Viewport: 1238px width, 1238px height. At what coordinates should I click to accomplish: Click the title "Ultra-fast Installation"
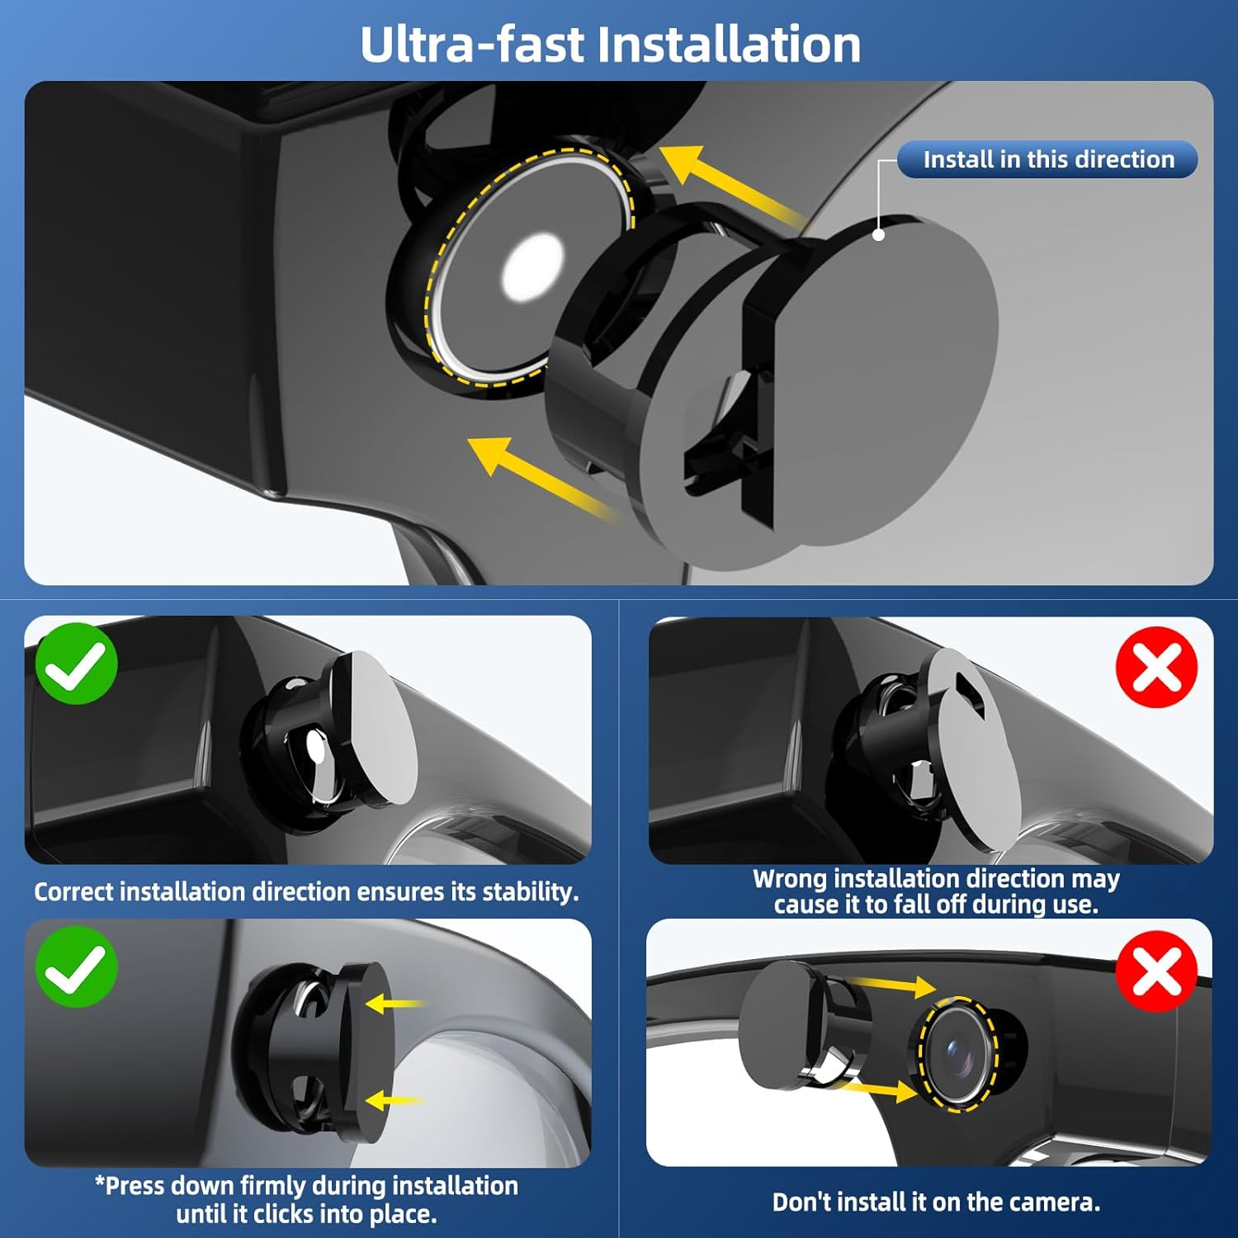611,44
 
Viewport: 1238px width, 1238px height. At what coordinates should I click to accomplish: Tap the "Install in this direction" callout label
1047,159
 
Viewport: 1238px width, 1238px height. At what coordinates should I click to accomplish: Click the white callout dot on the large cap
879,234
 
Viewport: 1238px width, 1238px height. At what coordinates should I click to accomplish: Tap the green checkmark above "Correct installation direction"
76,664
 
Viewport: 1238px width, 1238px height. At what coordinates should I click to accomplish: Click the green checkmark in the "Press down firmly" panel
76,966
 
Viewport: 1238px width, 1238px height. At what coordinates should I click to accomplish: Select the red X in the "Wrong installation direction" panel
1156,667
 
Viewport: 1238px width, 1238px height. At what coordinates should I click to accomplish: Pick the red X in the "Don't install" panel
1156,971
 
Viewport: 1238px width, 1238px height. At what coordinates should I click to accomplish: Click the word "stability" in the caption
528,892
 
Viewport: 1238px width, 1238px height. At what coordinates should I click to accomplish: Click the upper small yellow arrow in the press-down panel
394,1004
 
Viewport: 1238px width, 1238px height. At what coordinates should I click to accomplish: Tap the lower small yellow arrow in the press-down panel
394,1100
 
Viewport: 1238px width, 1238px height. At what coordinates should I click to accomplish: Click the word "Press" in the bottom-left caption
135,1185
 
